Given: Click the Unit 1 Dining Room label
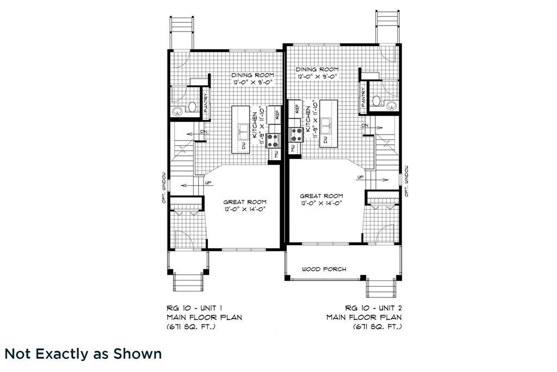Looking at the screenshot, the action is point(252,75).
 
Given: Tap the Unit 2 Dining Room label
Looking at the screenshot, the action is point(317,69).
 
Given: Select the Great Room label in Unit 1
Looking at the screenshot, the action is point(245,202).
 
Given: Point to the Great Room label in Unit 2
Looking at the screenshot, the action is point(321,196).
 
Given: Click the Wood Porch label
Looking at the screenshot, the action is point(324,269).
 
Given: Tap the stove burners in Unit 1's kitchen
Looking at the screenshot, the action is point(273,140).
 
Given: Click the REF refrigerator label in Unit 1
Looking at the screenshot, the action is point(277,114).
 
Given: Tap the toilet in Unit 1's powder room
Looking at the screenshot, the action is point(192,107).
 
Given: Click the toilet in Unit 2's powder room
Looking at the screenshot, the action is point(376,101).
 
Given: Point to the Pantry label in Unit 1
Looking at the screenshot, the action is point(206,103).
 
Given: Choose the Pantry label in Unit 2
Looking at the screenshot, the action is point(363,97).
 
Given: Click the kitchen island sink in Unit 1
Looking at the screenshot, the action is point(244,132).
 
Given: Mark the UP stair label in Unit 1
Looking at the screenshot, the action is point(208,183).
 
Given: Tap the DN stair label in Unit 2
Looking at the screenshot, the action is point(365,125).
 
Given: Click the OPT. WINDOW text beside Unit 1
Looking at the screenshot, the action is point(164,187).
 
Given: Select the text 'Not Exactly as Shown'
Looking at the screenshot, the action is point(83,354).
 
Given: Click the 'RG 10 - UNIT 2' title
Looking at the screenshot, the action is point(373,308).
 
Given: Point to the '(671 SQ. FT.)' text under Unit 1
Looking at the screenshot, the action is point(191,326).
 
